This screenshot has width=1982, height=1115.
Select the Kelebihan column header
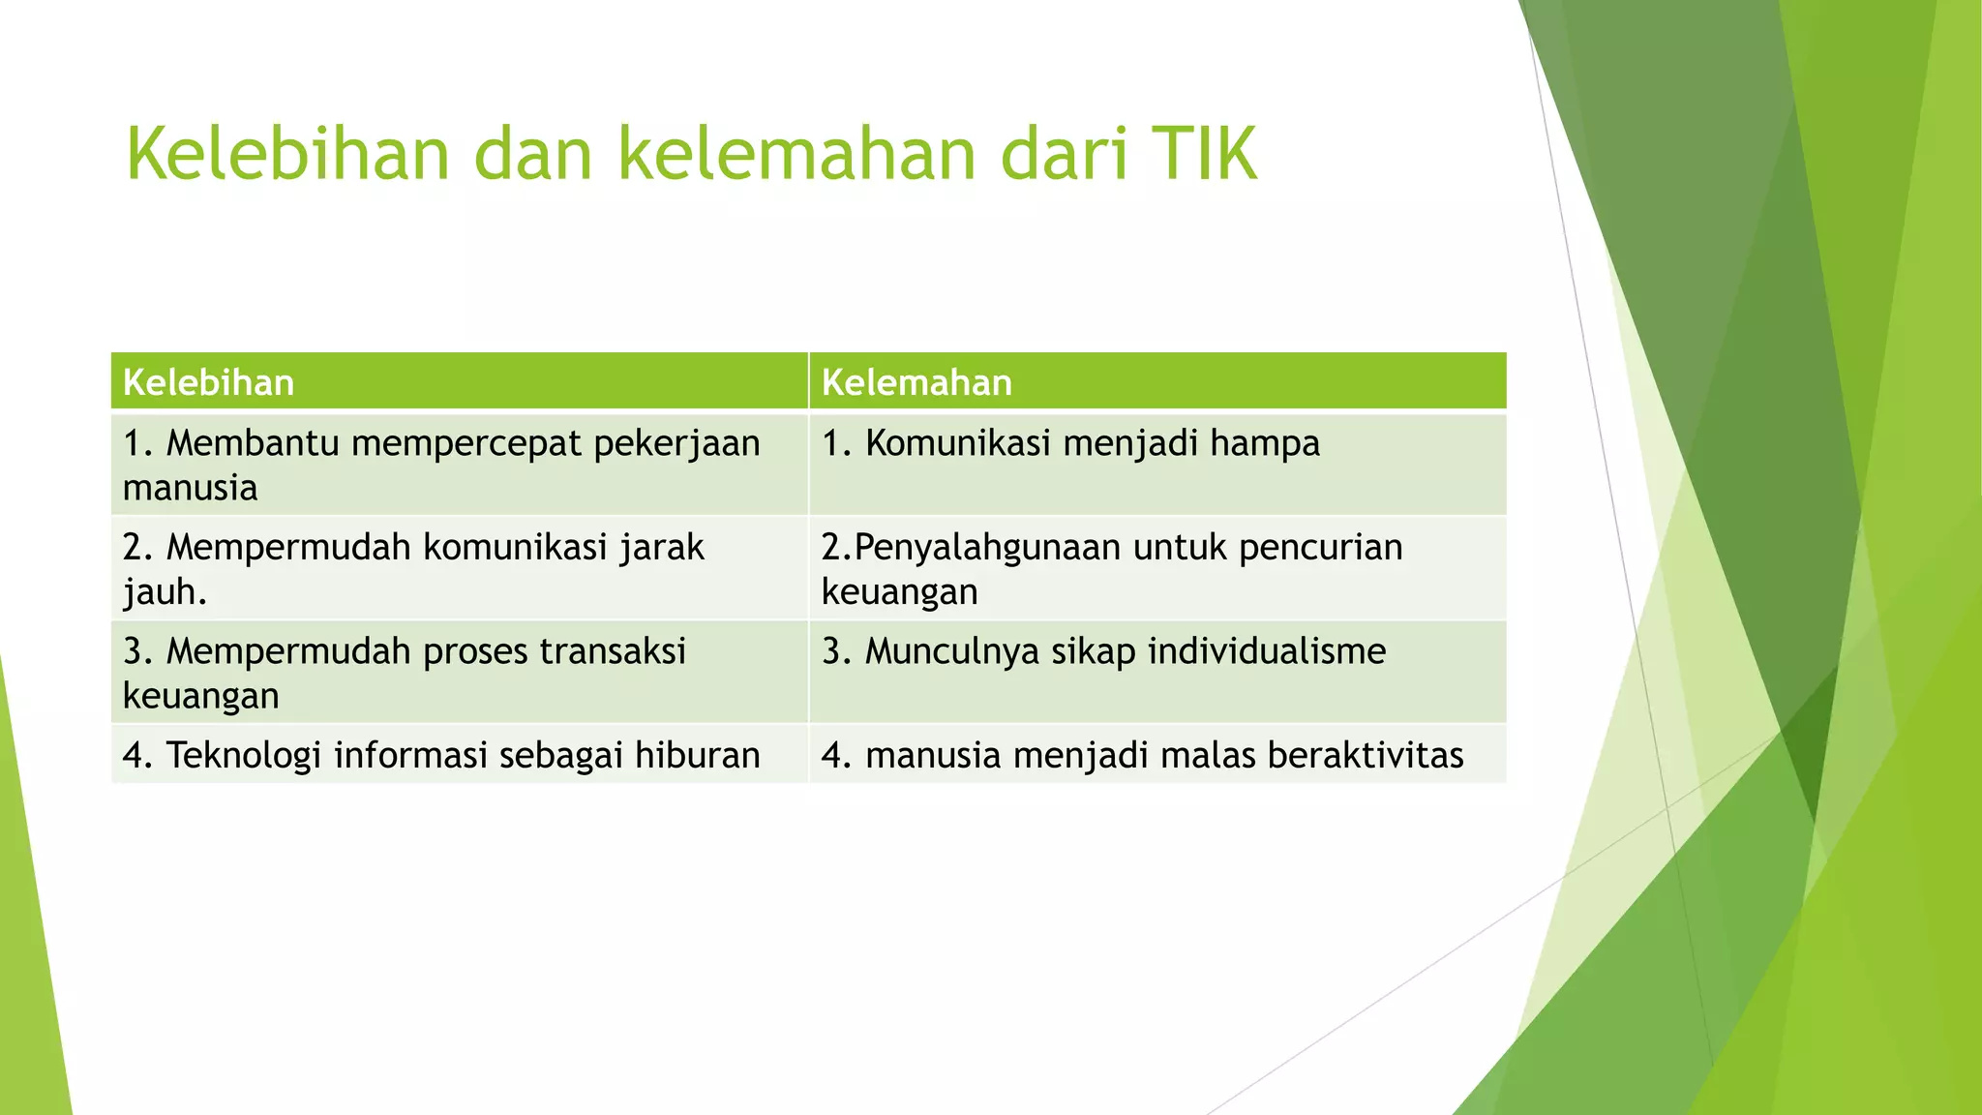208,383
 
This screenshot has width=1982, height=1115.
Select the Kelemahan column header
916,383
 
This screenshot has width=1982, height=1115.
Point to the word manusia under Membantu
190,488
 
